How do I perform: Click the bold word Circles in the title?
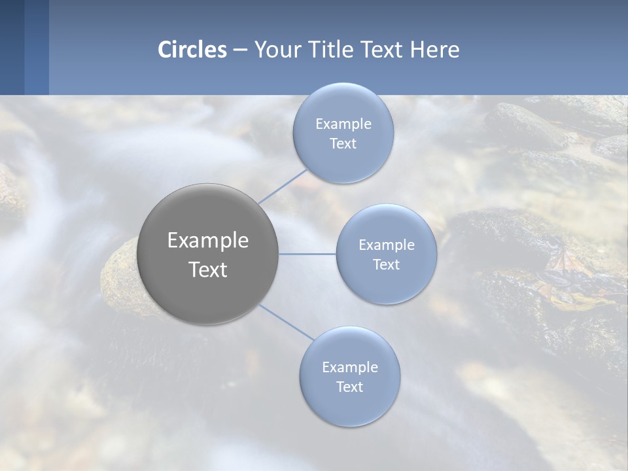192,50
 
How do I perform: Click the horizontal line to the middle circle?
307,254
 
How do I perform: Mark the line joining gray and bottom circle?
286,322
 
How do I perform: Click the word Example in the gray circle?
208,241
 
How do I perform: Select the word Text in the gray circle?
208,270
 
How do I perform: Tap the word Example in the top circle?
343,124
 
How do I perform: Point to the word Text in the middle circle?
386,265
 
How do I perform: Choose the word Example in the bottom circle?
350,368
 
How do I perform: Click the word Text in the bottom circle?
349,387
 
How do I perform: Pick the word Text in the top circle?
343,144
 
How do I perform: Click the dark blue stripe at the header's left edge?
12,47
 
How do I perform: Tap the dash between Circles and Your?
240,50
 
